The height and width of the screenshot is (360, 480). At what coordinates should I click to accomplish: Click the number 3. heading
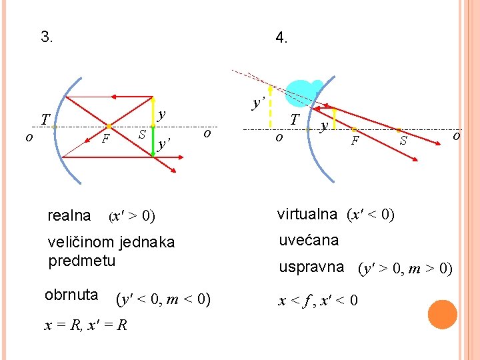click(47, 37)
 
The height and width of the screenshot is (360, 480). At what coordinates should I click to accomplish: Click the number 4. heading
click(281, 39)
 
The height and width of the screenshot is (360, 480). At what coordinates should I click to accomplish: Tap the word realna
click(69, 215)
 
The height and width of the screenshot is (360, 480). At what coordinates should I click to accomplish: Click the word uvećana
click(309, 240)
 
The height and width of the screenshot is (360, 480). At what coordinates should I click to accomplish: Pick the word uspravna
click(311, 267)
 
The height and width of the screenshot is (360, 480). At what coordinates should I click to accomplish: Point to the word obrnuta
click(71, 295)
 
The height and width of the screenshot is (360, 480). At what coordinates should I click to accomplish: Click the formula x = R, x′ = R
click(87, 325)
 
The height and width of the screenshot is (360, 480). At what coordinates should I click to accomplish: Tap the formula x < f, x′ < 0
click(319, 301)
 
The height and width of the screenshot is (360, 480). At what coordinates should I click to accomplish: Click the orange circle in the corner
click(442, 314)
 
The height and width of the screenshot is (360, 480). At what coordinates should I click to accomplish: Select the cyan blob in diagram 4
click(303, 93)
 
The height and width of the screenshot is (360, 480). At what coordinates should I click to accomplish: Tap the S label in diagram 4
click(403, 141)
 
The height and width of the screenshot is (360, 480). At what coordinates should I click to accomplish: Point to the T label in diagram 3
click(45, 119)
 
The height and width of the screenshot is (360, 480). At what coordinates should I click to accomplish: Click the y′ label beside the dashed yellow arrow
click(259, 103)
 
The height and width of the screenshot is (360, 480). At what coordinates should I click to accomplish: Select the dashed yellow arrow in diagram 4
click(269, 107)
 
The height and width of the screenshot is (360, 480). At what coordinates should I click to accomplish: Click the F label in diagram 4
click(356, 141)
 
